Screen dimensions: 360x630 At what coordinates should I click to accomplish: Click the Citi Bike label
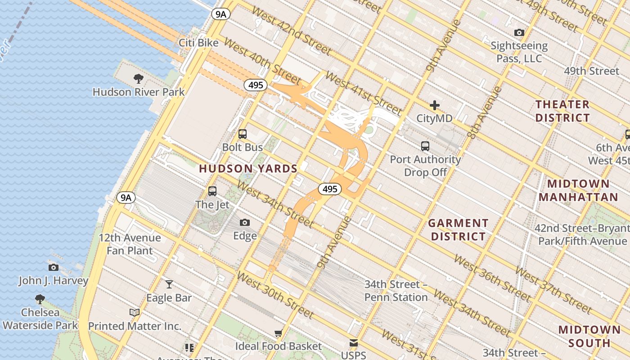tap(198, 43)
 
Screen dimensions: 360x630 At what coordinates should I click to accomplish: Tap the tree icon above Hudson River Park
tap(139, 79)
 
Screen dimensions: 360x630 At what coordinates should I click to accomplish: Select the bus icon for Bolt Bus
tap(243, 134)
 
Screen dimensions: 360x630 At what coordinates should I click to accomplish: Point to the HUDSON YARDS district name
tap(248, 169)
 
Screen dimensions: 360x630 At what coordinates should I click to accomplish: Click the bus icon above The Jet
tap(212, 191)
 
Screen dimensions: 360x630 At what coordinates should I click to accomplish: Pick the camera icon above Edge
tap(245, 222)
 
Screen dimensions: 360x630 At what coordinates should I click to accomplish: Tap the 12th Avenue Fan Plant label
tap(130, 244)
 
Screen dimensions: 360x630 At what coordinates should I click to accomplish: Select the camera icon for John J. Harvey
tap(53, 267)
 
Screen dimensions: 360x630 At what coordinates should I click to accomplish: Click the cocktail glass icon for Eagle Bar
tap(169, 284)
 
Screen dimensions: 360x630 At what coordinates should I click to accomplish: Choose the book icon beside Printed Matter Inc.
tap(134, 312)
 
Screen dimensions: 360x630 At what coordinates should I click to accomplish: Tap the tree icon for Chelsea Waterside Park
tap(40, 299)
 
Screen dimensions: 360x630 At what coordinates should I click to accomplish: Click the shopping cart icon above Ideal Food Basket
tap(279, 333)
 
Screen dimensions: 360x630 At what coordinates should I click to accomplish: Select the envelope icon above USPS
tap(354, 343)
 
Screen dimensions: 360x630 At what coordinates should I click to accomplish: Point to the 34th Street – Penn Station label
tap(396, 291)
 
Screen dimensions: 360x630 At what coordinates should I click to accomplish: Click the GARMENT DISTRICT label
tap(458, 229)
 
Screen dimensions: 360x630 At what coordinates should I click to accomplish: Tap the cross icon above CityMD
tap(434, 105)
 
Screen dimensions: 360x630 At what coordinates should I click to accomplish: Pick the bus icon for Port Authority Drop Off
tap(425, 146)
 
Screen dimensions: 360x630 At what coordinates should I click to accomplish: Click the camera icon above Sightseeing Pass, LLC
tap(519, 32)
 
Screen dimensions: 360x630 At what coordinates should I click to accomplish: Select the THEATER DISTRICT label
tap(562, 111)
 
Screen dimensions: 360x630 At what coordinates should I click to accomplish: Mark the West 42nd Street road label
tap(293, 38)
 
